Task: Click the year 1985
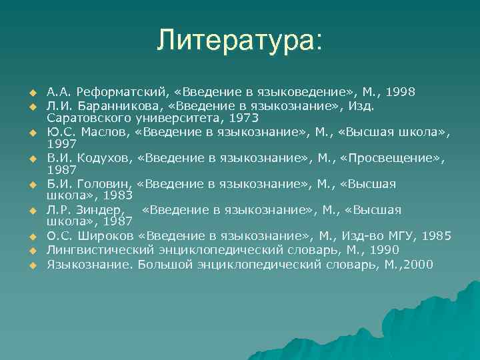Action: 437,236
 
